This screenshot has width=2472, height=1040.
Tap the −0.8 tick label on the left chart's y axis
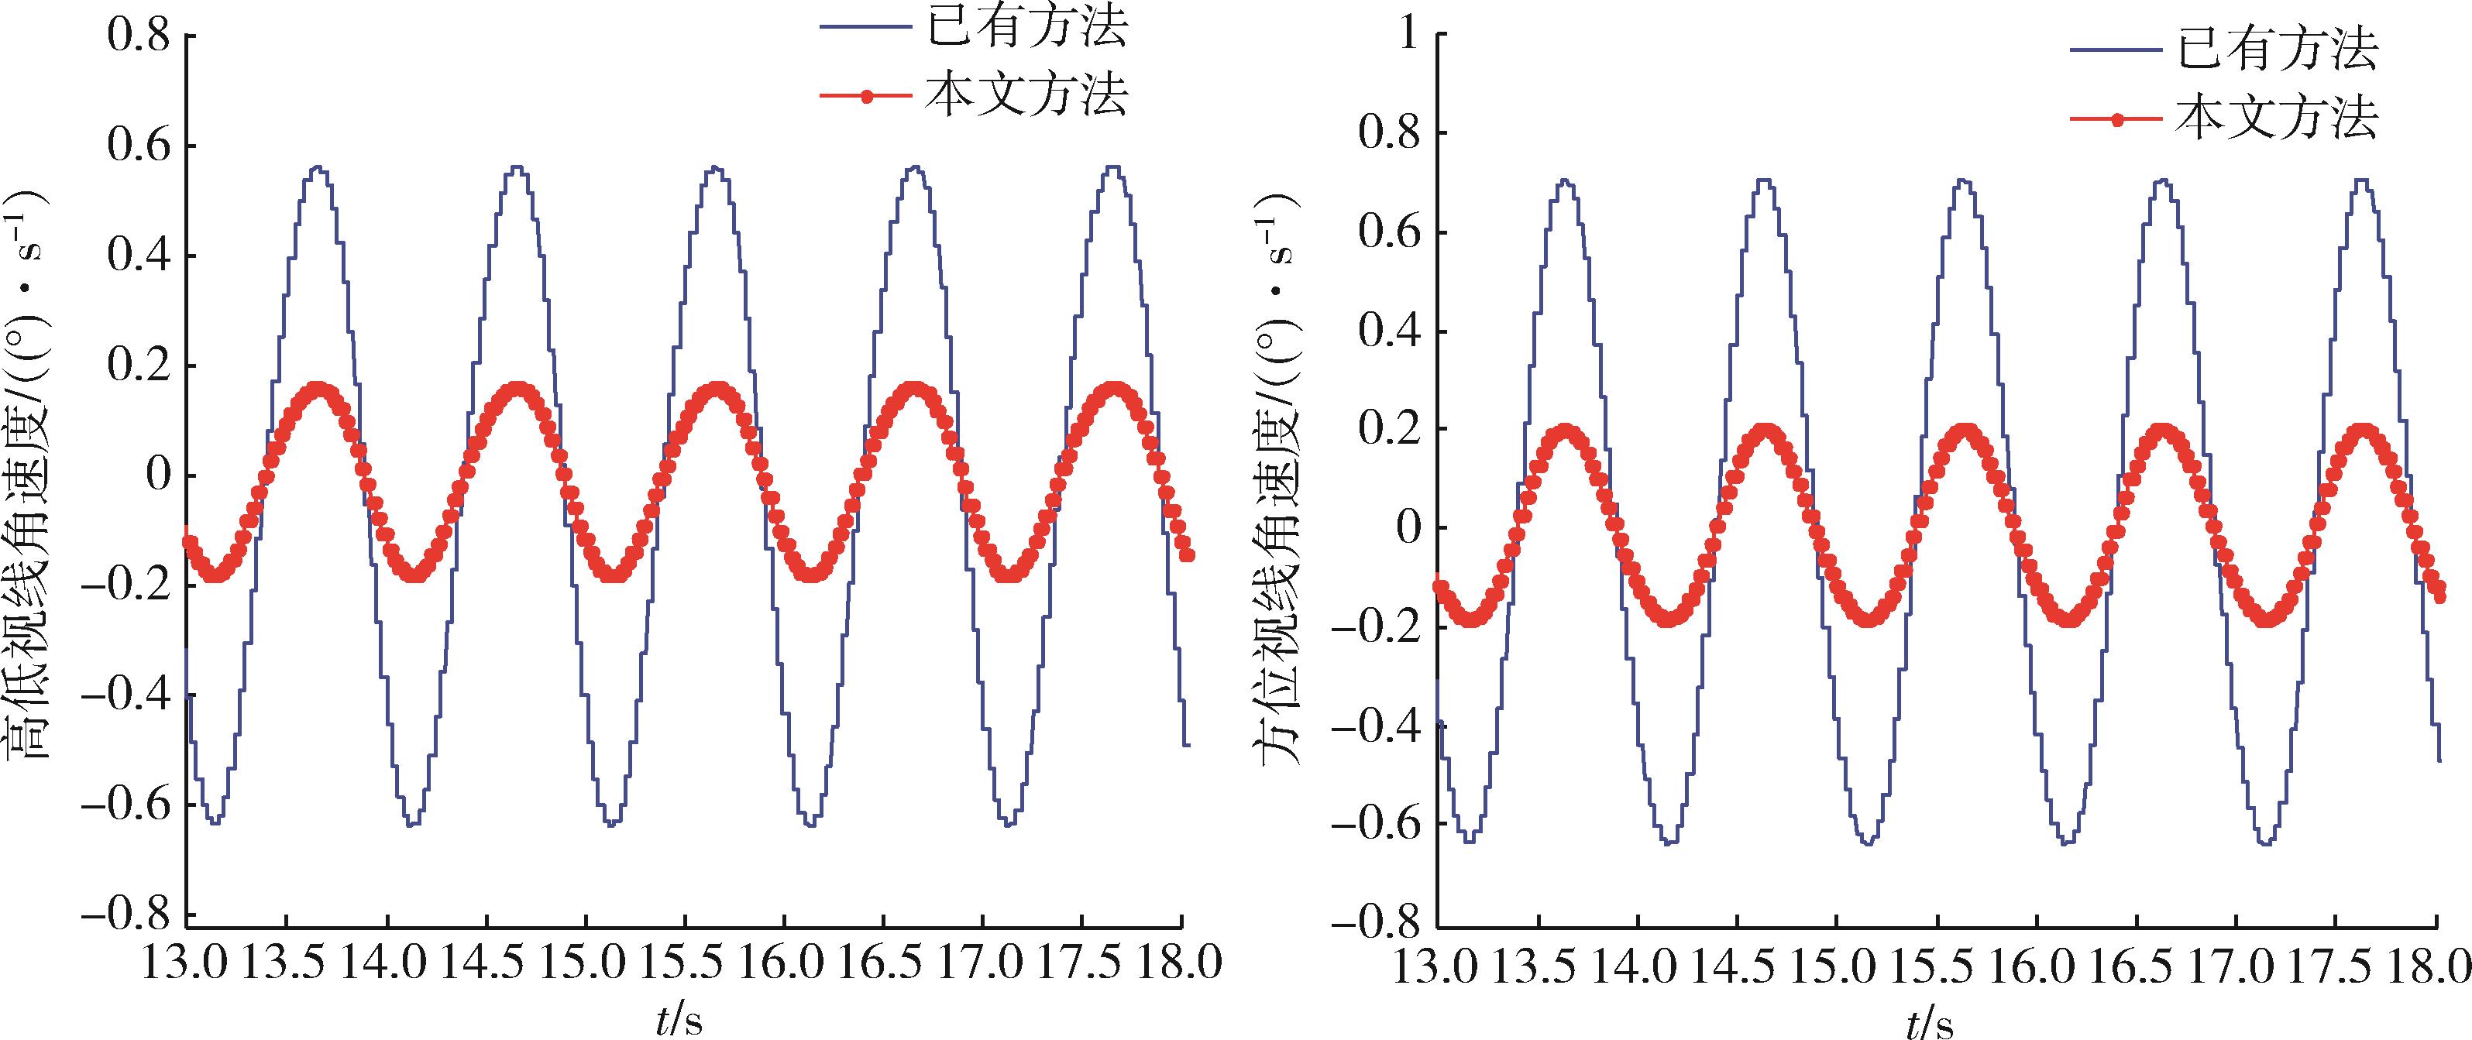click(x=128, y=913)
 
